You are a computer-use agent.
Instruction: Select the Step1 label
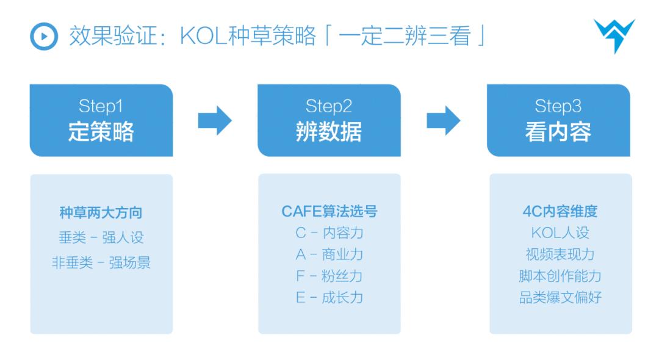click(x=101, y=107)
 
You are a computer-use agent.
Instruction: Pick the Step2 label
click(x=329, y=107)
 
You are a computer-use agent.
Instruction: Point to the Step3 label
click(x=558, y=107)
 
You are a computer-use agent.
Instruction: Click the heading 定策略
click(x=101, y=132)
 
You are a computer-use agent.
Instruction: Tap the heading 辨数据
click(x=329, y=132)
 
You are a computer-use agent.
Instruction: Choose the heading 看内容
click(x=558, y=132)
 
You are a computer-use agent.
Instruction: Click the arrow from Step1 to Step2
click(x=215, y=121)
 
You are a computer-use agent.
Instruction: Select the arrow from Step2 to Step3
click(x=443, y=121)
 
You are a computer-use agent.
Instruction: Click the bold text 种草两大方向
click(x=101, y=212)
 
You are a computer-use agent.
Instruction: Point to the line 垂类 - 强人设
click(x=101, y=238)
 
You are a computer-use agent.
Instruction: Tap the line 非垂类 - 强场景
click(x=101, y=263)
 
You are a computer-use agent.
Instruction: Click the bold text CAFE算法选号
click(x=329, y=211)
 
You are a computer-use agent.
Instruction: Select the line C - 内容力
click(x=329, y=233)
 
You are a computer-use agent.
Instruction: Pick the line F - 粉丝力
click(x=329, y=276)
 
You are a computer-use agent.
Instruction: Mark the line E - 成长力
click(x=329, y=298)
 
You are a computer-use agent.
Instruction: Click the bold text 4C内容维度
click(x=560, y=211)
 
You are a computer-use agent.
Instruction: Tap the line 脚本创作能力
click(x=560, y=276)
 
